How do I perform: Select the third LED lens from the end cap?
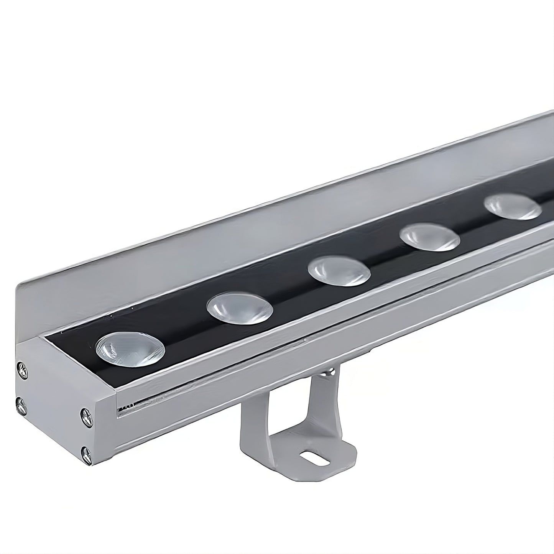339,271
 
